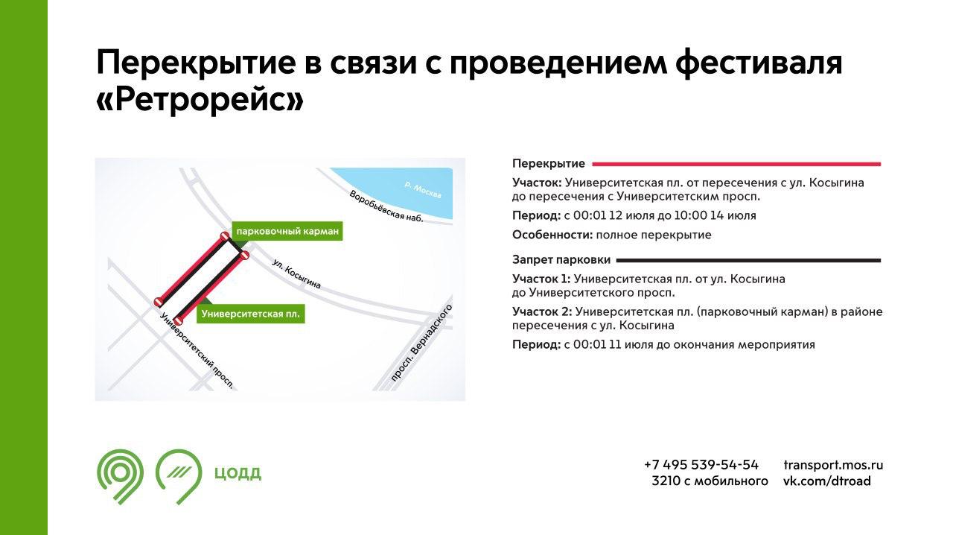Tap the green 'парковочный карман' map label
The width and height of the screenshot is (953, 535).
[x=287, y=231]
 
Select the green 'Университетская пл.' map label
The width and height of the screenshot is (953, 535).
[x=251, y=314]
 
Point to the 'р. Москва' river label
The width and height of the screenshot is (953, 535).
[x=423, y=190]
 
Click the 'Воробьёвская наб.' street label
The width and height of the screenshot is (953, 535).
[x=386, y=206]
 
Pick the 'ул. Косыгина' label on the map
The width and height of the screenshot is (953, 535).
[x=296, y=274]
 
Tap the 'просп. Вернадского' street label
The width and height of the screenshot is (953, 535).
[x=421, y=343]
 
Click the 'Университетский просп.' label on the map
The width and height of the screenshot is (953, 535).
[x=197, y=350]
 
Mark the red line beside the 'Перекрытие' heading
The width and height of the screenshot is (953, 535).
[x=736, y=164]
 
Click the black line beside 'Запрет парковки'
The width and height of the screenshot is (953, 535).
[x=748, y=260]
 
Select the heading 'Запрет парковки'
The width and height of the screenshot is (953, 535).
[x=561, y=260]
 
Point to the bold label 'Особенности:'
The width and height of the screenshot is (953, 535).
[x=552, y=235]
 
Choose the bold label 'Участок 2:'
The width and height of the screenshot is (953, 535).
[x=542, y=311]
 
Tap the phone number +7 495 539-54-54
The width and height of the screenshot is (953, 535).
[x=701, y=465]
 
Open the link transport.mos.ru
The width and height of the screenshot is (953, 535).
[x=833, y=465]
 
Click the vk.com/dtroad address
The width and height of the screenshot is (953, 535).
[x=827, y=481]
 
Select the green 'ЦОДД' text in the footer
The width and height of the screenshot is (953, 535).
[x=238, y=473]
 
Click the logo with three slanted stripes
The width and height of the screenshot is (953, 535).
[x=179, y=476]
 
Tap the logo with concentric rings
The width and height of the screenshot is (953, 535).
[x=120, y=476]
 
